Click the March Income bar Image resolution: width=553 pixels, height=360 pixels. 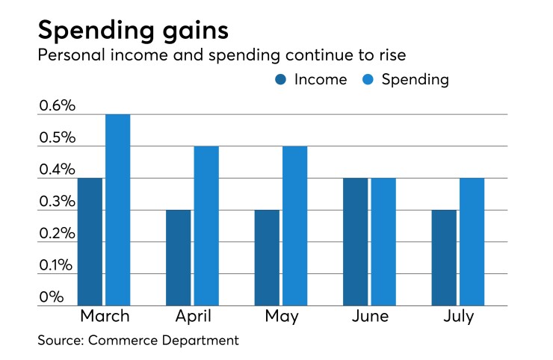pyautogui.click(x=90, y=242)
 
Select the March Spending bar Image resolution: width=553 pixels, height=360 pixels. pyautogui.click(x=117, y=210)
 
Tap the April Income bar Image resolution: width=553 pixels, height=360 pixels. pyautogui.click(x=178, y=258)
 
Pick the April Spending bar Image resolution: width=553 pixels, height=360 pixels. pyautogui.click(x=206, y=226)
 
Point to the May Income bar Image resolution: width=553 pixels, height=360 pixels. pyautogui.click(x=267, y=258)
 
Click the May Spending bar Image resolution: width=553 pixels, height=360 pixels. pyautogui.click(x=294, y=226)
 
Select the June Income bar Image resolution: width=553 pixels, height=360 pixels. pyautogui.click(x=355, y=242)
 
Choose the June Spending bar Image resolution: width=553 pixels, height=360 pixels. pyautogui.click(x=383, y=242)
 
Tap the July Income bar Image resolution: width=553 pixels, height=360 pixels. pyautogui.click(x=443, y=258)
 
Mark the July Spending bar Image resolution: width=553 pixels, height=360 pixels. pyautogui.click(x=471, y=242)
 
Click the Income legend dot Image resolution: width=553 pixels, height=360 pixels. pyautogui.click(x=282, y=80)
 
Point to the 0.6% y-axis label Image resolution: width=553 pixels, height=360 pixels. pyautogui.click(x=58, y=106)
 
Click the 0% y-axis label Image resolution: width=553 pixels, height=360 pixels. pyautogui.click(x=52, y=297)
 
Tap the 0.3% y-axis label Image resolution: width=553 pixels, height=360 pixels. pyautogui.click(x=58, y=202)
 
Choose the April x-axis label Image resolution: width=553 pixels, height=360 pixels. pyautogui.click(x=192, y=317)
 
